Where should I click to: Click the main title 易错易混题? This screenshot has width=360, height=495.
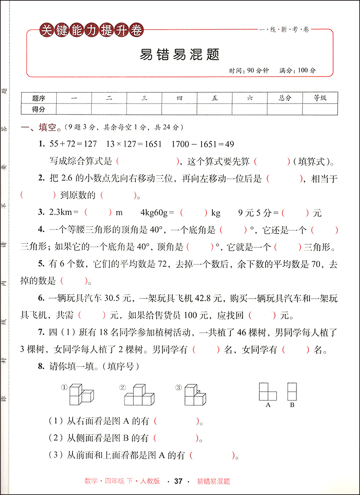(x=180, y=55)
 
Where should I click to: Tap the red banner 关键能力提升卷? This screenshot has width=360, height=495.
(x=91, y=31)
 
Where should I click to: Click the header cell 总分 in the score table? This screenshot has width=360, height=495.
(x=285, y=98)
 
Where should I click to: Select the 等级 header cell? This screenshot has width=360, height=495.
(x=320, y=98)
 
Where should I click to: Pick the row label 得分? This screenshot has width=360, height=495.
(x=39, y=109)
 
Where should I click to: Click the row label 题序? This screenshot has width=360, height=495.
(x=39, y=98)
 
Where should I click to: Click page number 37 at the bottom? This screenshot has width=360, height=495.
(x=178, y=481)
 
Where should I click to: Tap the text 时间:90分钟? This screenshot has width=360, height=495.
(x=248, y=71)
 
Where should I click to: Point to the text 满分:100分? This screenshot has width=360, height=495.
(x=297, y=71)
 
